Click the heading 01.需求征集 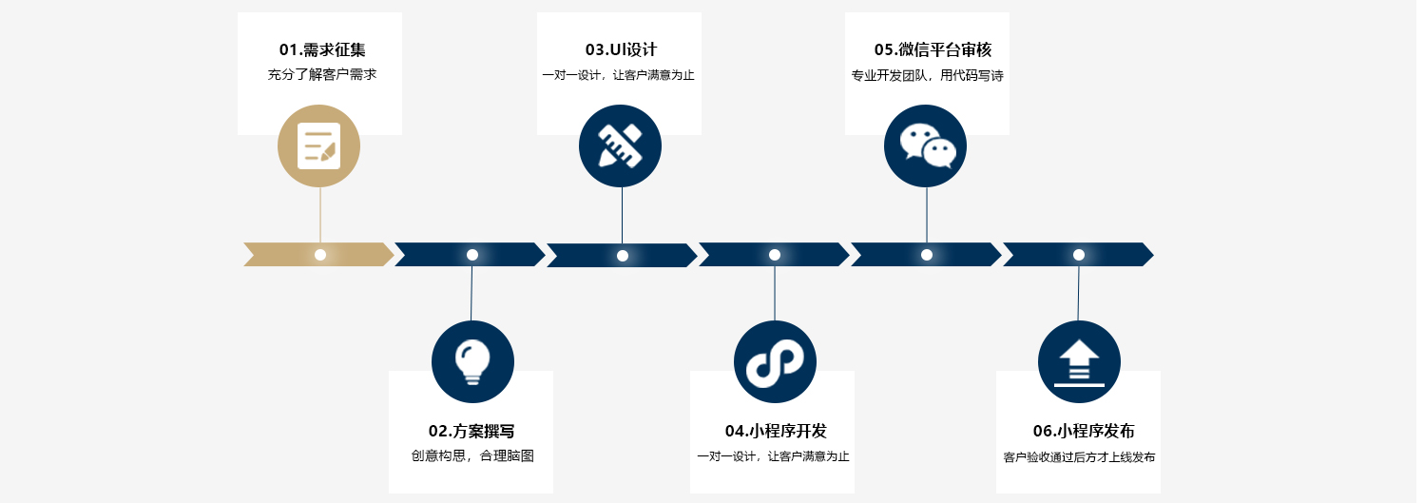click(321, 50)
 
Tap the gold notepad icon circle click(319, 145)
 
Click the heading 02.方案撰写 click(471, 432)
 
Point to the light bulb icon click(472, 361)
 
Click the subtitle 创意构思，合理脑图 click(472, 456)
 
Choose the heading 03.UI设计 click(621, 50)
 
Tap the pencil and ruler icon click(620, 145)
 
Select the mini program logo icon click(775, 361)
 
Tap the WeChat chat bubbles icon click(926, 145)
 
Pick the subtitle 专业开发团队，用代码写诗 click(927, 76)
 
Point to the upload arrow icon click(1079, 361)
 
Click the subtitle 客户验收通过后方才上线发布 click(1079, 457)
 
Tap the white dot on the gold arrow click(320, 255)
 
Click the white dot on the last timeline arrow click(1079, 255)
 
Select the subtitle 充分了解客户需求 click(321, 75)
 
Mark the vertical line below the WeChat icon click(927, 214)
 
